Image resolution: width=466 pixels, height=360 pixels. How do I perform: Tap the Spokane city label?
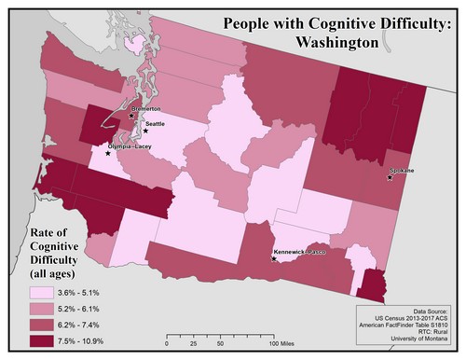(403, 171)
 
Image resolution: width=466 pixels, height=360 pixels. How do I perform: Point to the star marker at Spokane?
(390, 178)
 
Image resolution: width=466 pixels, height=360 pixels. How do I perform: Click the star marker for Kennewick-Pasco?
(273, 258)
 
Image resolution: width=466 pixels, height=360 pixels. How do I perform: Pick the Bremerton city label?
(147, 109)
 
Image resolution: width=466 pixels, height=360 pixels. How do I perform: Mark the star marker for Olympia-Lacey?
(108, 153)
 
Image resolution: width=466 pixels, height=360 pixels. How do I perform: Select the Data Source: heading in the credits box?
(430, 311)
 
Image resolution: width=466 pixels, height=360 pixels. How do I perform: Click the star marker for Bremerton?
(131, 117)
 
